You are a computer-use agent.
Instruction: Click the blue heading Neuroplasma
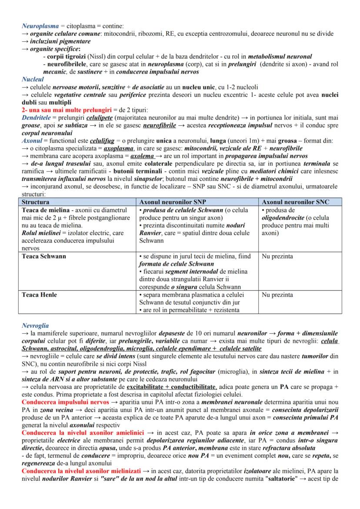tap(40, 26)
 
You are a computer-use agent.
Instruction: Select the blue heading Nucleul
tap(33, 80)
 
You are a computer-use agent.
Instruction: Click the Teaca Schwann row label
tap(44, 256)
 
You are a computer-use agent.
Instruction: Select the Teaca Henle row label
tap(39, 295)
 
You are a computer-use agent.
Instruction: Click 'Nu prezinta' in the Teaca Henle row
tap(277, 295)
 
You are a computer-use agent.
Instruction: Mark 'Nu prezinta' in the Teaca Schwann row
tap(277, 256)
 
